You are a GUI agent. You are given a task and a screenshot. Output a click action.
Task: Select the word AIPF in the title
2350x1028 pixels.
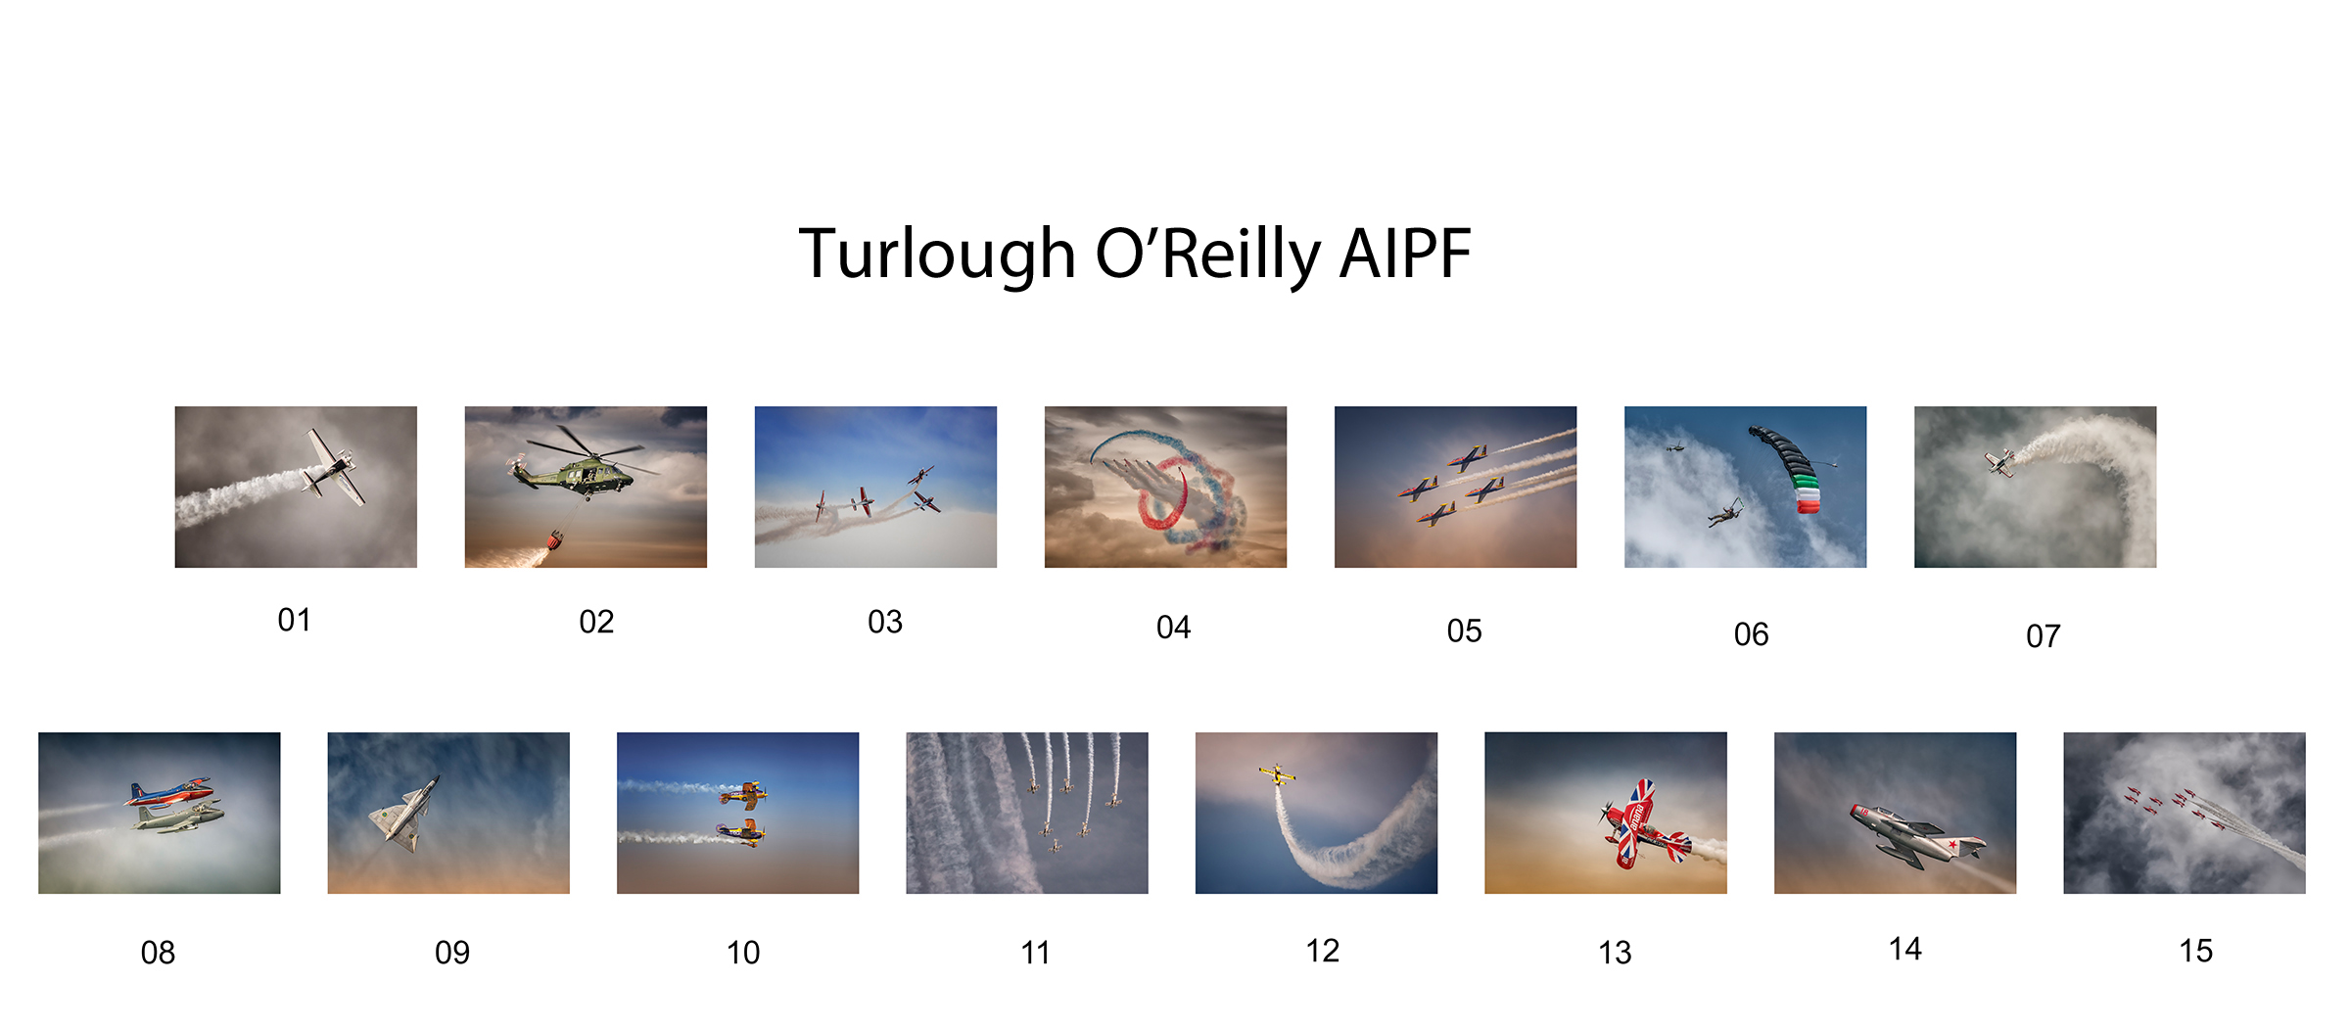click(1405, 254)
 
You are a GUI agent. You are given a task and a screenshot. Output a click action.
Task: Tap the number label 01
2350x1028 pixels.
click(294, 620)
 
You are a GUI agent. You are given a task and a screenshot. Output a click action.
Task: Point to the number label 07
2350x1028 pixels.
click(2043, 636)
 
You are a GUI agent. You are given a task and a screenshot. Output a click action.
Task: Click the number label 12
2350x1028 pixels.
click(1322, 951)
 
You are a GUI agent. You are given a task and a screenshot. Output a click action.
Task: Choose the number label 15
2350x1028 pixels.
click(2195, 951)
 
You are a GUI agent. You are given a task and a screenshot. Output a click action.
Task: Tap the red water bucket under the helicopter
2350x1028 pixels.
click(556, 539)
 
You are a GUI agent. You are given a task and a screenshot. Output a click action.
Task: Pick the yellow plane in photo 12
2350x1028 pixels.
click(1277, 775)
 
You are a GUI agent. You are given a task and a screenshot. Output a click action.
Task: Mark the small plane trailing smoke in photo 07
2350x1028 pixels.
click(2000, 462)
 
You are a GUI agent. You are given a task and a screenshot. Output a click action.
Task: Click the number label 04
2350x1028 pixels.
click(1173, 628)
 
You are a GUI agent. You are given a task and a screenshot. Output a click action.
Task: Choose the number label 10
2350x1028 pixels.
click(742, 953)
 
